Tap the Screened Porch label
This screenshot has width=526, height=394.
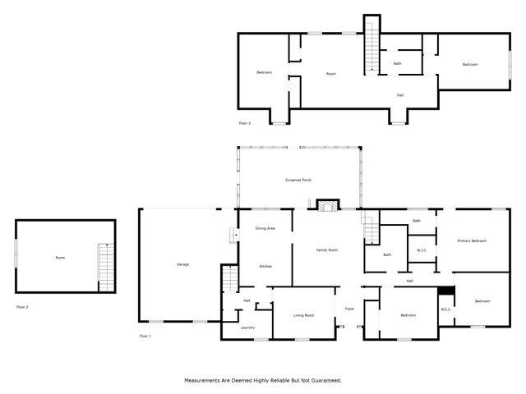(298, 180)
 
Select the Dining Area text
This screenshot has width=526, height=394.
(265, 228)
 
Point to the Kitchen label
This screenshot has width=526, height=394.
(265, 267)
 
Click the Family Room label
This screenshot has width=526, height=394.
(328, 250)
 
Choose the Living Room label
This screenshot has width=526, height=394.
(304, 315)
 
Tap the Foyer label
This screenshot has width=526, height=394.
(349, 309)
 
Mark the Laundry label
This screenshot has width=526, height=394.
(247, 328)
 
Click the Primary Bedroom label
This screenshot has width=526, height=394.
(472, 241)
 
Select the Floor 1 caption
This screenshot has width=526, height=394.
(145, 337)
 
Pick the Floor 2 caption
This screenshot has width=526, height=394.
(22, 307)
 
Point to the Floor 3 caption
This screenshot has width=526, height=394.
(244, 123)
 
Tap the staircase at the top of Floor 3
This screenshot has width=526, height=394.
(372, 44)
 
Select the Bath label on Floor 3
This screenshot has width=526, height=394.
(398, 64)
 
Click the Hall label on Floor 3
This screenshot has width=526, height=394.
(400, 95)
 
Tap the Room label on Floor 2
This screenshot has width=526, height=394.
(60, 258)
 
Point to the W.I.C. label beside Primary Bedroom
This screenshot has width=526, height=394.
(421, 250)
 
